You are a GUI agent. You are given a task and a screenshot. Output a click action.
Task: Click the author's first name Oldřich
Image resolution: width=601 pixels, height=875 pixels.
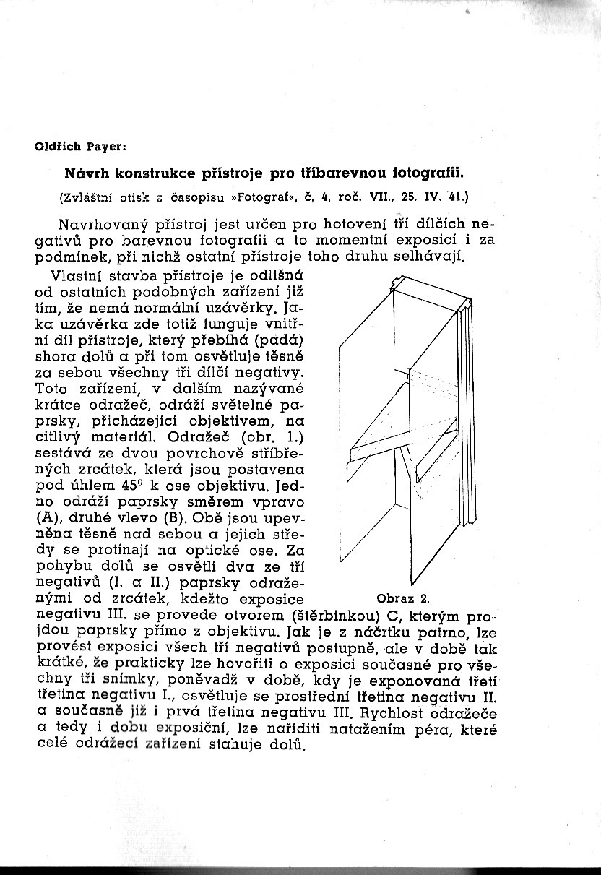pos(58,147)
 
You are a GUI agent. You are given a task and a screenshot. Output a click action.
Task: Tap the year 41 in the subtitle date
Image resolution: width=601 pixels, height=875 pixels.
pos(457,197)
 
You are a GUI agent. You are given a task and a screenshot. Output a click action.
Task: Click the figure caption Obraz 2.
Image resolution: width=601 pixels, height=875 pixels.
pos(403,599)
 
